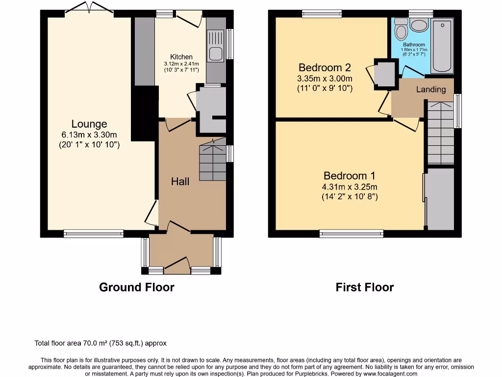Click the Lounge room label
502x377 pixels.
[x=89, y=124]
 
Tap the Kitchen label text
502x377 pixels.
[x=181, y=57]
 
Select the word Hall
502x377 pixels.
[x=180, y=182]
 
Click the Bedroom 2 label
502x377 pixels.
[x=325, y=68]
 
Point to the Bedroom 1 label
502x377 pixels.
[x=349, y=176]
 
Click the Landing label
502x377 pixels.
[x=431, y=89]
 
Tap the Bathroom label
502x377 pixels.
[x=414, y=45]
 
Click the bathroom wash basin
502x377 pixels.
[x=420, y=25]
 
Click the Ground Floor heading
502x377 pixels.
[x=137, y=287]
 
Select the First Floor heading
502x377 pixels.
[x=365, y=287]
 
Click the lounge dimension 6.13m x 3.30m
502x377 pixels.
[x=89, y=135]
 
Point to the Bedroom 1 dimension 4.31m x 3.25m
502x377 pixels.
[x=350, y=187]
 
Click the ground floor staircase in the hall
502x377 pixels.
[x=213, y=159]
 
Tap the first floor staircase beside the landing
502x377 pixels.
[x=441, y=133]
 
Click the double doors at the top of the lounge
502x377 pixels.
[x=89, y=8]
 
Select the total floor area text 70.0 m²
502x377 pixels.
[x=95, y=343]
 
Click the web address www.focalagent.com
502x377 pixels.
[x=390, y=374]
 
